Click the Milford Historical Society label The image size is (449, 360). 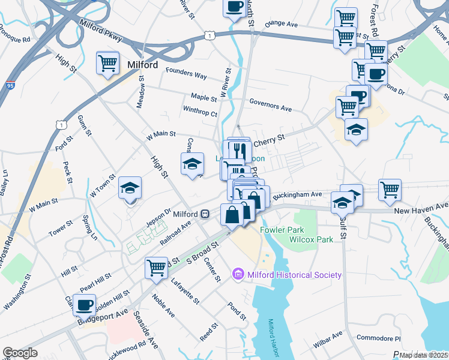click(x=294, y=275)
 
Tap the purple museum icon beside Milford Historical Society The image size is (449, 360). click(x=238, y=275)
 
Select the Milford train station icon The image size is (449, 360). click(x=205, y=214)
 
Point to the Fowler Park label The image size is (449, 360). click(x=282, y=230)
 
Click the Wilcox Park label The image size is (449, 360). click(x=311, y=239)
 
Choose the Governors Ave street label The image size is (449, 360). click(x=270, y=107)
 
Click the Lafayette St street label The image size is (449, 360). click(x=184, y=289)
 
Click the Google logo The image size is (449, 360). click(x=20, y=353)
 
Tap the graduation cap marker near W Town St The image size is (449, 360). click(x=130, y=188)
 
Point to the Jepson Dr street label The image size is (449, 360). click(x=158, y=215)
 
